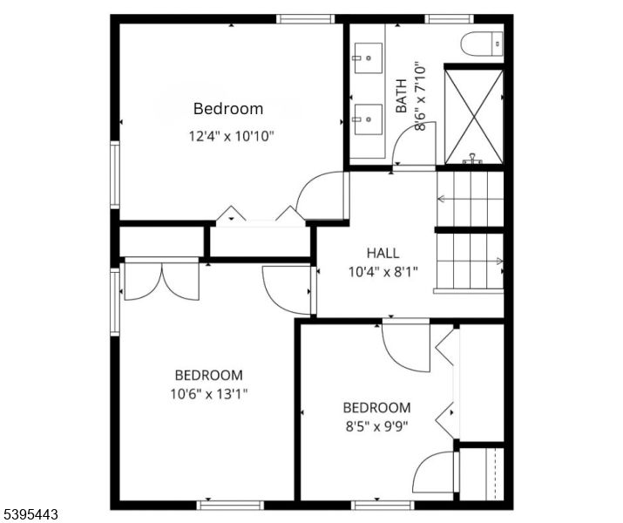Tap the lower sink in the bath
click(x=368, y=116)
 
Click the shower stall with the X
click(x=474, y=116)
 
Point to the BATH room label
click(x=402, y=97)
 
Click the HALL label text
click(x=383, y=253)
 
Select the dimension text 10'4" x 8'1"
click(x=383, y=271)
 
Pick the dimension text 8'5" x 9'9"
click(x=376, y=426)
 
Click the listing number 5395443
click(x=30, y=515)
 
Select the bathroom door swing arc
click(x=410, y=146)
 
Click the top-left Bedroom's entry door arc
click(x=320, y=194)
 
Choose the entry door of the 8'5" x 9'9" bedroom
click(x=407, y=347)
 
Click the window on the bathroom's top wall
click(x=450, y=18)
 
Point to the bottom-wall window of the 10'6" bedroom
click(x=230, y=504)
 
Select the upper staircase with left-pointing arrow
click(x=470, y=199)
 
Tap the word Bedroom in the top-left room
click(x=227, y=109)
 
